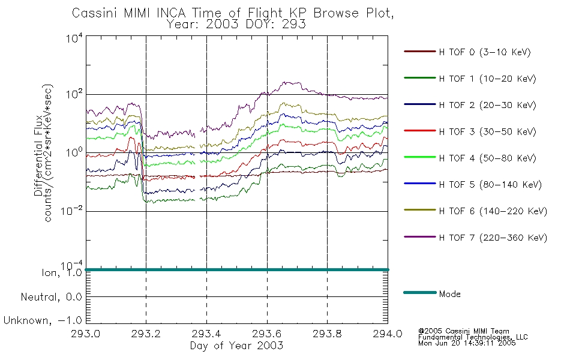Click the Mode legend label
point(449,294)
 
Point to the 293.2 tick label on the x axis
point(146,334)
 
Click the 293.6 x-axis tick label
point(267,334)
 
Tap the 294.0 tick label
point(388,334)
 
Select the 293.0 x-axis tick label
point(85,334)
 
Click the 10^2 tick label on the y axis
point(74,94)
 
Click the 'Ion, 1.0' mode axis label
point(62,272)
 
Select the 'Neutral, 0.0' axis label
point(51,297)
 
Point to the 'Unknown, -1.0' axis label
point(43,320)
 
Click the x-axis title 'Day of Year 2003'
point(236,346)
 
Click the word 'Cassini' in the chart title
point(94,13)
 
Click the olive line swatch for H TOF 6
point(420,210)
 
